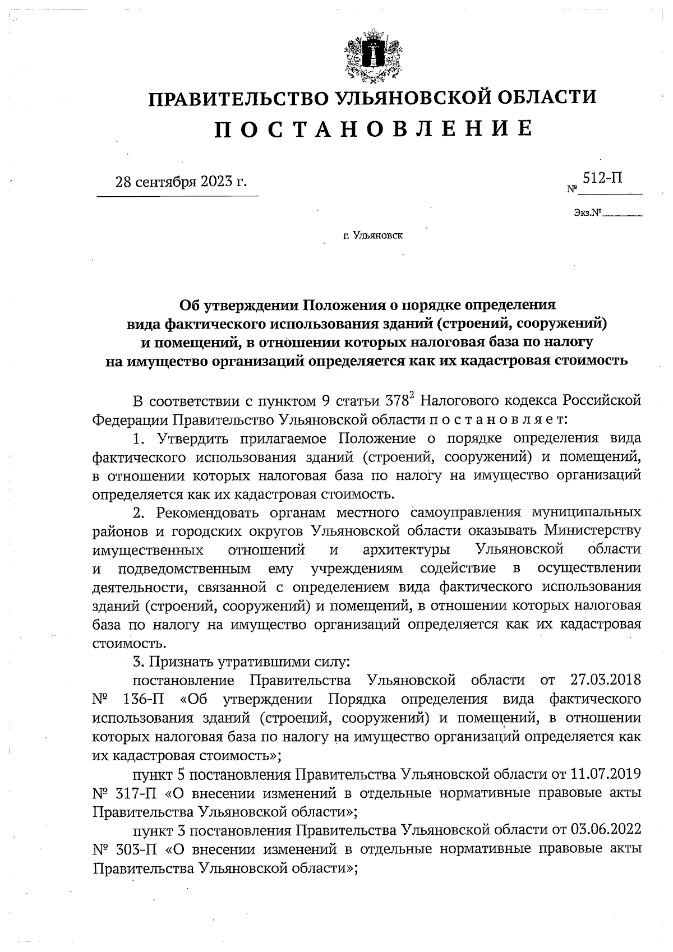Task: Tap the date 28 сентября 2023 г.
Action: pos(181,182)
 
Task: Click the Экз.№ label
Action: pos(587,213)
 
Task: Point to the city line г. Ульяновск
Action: pos(373,235)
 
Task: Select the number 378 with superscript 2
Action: pos(400,401)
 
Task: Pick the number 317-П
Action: pos(138,794)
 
